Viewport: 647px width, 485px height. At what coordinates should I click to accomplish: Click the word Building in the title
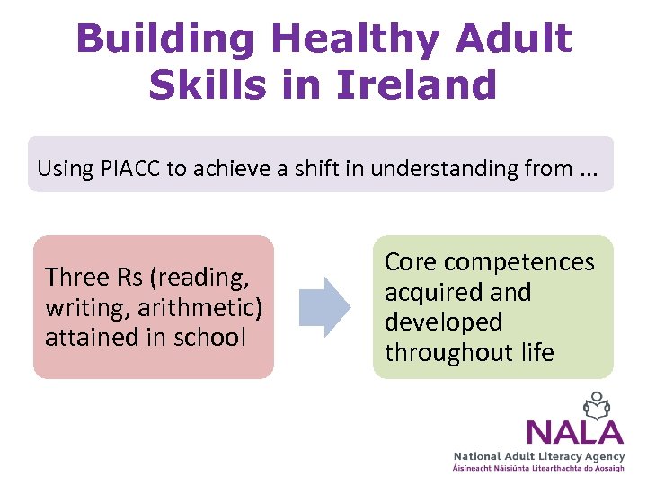point(164,40)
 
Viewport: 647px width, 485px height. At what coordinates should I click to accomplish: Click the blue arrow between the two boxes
point(323,306)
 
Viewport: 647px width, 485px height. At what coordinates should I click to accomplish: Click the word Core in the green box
point(411,261)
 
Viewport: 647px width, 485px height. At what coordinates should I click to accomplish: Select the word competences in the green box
point(518,261)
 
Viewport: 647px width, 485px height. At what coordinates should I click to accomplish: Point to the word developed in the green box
point(444,322)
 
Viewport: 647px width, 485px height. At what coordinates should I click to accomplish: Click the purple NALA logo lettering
point(573,432)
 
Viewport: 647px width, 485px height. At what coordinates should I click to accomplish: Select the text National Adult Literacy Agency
point(538,457)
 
